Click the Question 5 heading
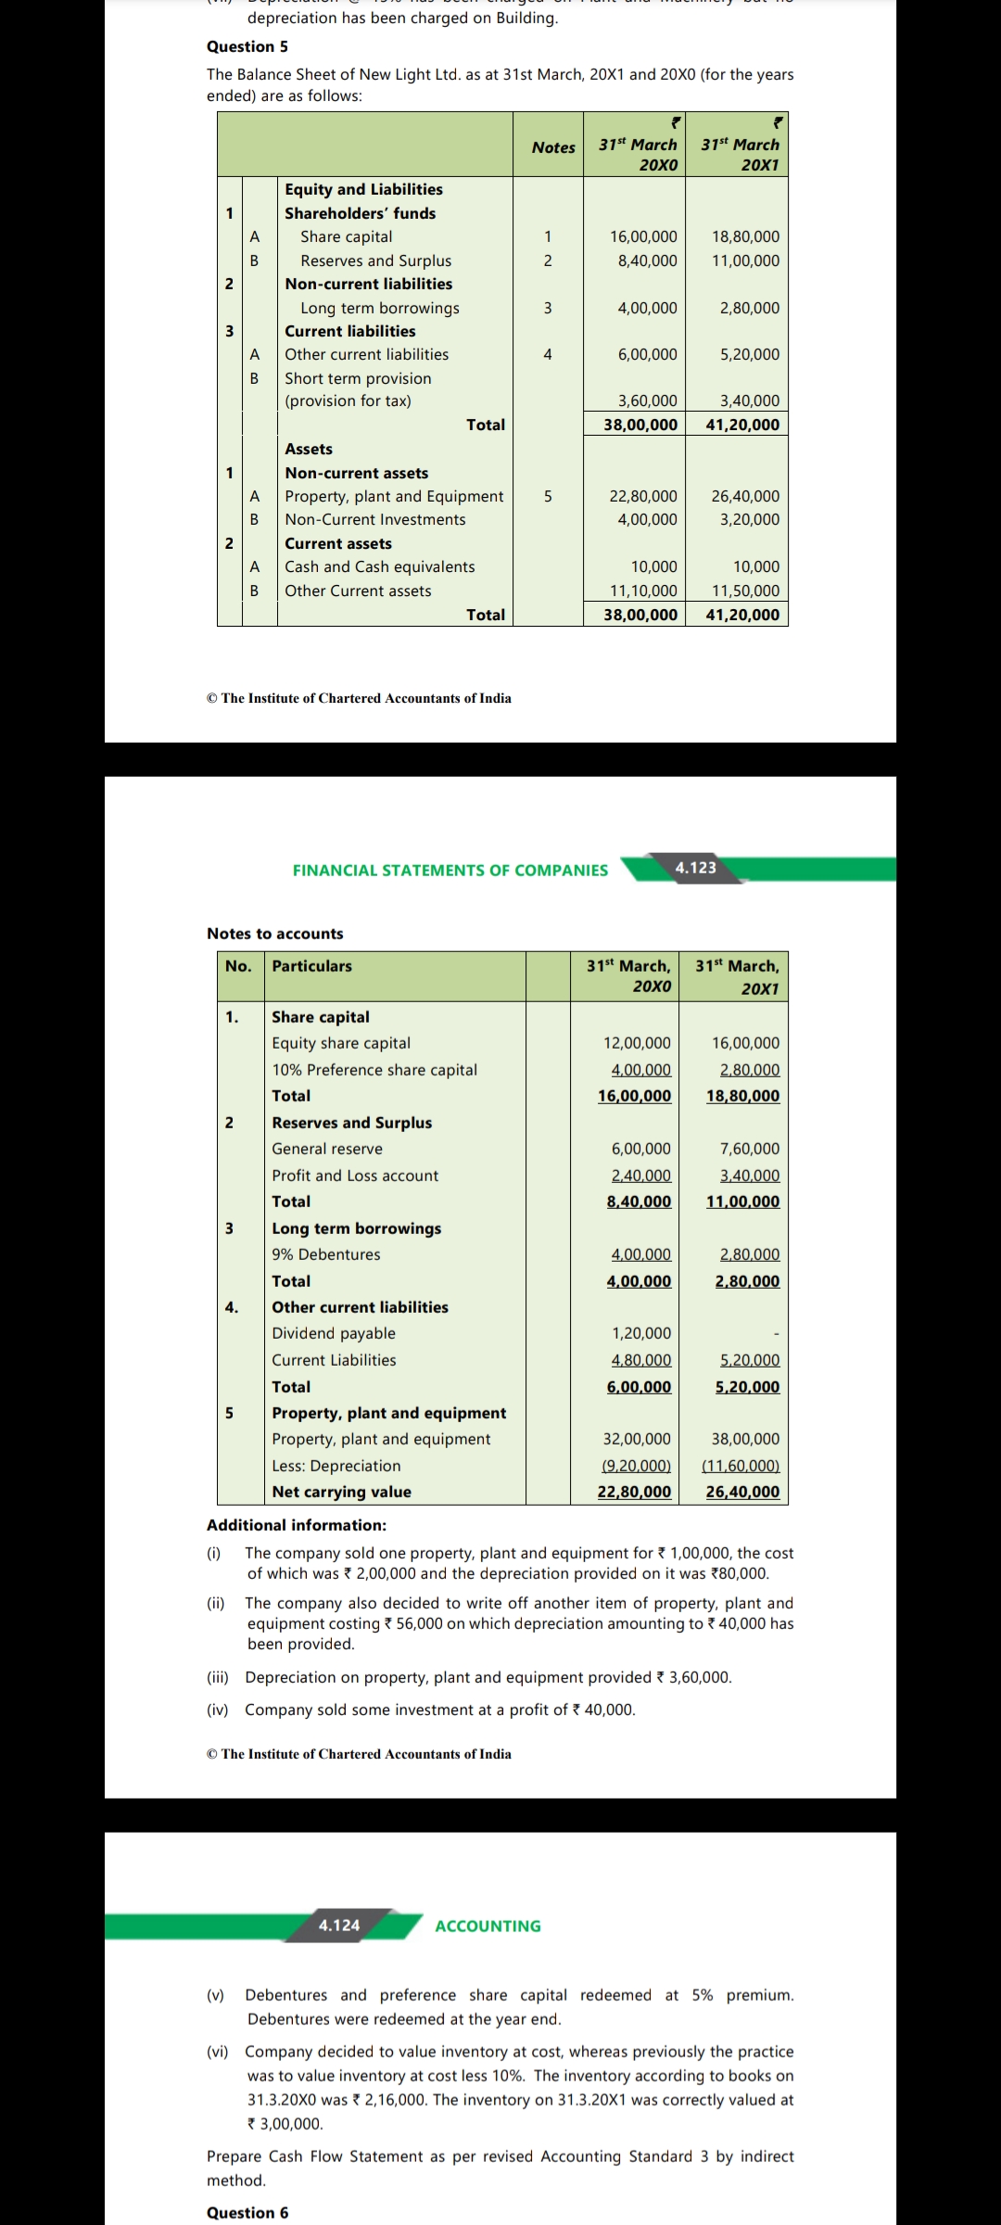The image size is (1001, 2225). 247,46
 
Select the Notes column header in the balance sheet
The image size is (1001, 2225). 553,147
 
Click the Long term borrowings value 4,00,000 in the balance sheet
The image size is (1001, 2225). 647,308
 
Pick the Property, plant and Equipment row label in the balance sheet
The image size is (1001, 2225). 394,497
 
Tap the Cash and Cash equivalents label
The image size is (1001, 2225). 379,566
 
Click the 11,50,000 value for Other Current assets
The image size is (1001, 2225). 745,591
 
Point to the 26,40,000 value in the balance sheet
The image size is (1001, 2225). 745,497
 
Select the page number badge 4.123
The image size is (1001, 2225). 695,868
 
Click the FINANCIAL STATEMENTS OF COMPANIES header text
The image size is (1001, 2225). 450,871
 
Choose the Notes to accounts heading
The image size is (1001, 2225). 274,934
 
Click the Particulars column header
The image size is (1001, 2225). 311,966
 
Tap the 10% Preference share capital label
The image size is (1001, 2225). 374,1070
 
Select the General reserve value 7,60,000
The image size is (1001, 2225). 749,1149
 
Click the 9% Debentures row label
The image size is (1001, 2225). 326,1254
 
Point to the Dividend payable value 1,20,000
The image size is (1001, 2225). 640,1333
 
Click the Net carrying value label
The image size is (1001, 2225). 341,1492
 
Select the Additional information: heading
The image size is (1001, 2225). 297,1525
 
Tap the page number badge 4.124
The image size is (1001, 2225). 339,1926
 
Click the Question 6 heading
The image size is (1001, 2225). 247,2213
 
